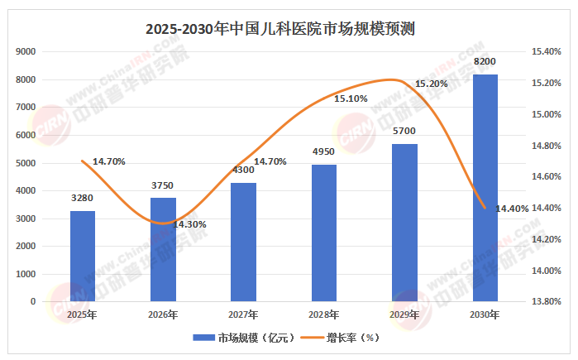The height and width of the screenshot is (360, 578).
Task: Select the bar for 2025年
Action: [x=82, y=256]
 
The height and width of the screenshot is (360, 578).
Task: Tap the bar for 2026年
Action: [x=163, y=249]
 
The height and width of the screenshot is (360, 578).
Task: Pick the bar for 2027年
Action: [x=243, y=242]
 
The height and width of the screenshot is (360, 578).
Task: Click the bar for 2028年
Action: [x=324, y=233]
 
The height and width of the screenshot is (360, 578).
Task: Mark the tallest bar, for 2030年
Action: [x=485, y=188]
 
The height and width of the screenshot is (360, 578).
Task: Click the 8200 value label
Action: [x=485, y=62]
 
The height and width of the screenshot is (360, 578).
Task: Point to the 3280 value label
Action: [x=82, y=199]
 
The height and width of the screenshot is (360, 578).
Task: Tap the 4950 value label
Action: [x=324, y=152]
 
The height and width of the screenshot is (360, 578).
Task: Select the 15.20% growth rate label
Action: [x=432, y=84]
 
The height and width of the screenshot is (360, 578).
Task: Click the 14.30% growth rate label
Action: [x=190, y=224]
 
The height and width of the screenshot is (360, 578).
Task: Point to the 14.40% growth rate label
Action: [x=512, y=209]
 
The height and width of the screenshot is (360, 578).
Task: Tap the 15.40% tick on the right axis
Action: [x=546, y=51]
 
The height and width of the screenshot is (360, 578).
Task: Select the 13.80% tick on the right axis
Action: [x=546, y=301]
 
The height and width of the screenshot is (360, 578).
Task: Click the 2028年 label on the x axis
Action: [x=324, y=314]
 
